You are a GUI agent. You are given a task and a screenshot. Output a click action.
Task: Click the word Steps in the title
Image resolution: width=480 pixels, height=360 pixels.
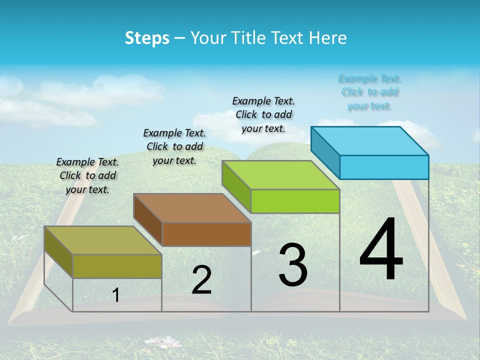coord(147,38)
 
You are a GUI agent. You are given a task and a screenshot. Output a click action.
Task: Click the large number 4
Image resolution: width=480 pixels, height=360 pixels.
coord(381,250)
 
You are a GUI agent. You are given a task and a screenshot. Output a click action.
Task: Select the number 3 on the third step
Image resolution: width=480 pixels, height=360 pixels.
coord(293,265)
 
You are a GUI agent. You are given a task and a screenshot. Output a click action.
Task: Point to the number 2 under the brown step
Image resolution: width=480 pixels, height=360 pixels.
coord(201,280)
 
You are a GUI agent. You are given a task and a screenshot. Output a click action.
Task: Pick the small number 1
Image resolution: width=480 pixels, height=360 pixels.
coord(116,295)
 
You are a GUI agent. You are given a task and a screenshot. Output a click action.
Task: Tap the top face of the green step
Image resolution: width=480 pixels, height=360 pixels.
coord(281,175)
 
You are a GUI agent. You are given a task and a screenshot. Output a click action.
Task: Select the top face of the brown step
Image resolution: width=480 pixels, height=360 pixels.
coord(192,208)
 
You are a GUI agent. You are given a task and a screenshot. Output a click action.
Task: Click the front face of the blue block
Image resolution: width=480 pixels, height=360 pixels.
coord(384,167)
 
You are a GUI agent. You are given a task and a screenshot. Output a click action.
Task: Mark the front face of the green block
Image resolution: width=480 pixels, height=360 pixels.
coord(295,201)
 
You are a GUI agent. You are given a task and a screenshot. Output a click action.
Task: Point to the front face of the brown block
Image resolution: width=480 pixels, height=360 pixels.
coord(206,234)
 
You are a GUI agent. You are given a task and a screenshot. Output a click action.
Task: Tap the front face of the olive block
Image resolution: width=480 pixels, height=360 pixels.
coord(117,266)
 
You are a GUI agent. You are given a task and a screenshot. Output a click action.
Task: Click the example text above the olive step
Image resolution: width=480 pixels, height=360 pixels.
coord(87,175)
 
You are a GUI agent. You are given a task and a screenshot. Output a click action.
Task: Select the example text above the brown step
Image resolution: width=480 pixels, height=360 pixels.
coord(174,146)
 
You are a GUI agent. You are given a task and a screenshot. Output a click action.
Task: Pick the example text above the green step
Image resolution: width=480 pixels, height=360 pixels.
coord(263,114)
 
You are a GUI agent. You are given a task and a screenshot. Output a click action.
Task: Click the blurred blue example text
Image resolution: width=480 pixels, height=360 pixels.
coord(370,92)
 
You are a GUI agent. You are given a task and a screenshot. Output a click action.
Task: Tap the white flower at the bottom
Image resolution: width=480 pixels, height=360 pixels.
coord(170,342)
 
